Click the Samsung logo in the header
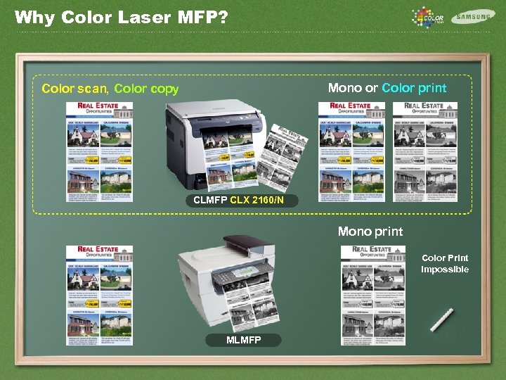pos(473,16)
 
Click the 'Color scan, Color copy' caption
pos(110,89)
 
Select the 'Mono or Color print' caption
pos(387,88)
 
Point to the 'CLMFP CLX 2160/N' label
pos(239,201)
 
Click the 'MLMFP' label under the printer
pos(243,341)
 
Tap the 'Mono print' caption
pos(370,232)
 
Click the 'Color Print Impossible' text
pos(445,264)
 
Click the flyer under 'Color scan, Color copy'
pos(99,152)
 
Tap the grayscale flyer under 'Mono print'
pos(374,295)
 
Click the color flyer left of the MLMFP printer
pos(99,295)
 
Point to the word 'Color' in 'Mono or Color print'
pos(398,88)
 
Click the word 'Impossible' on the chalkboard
pos(445,270)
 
